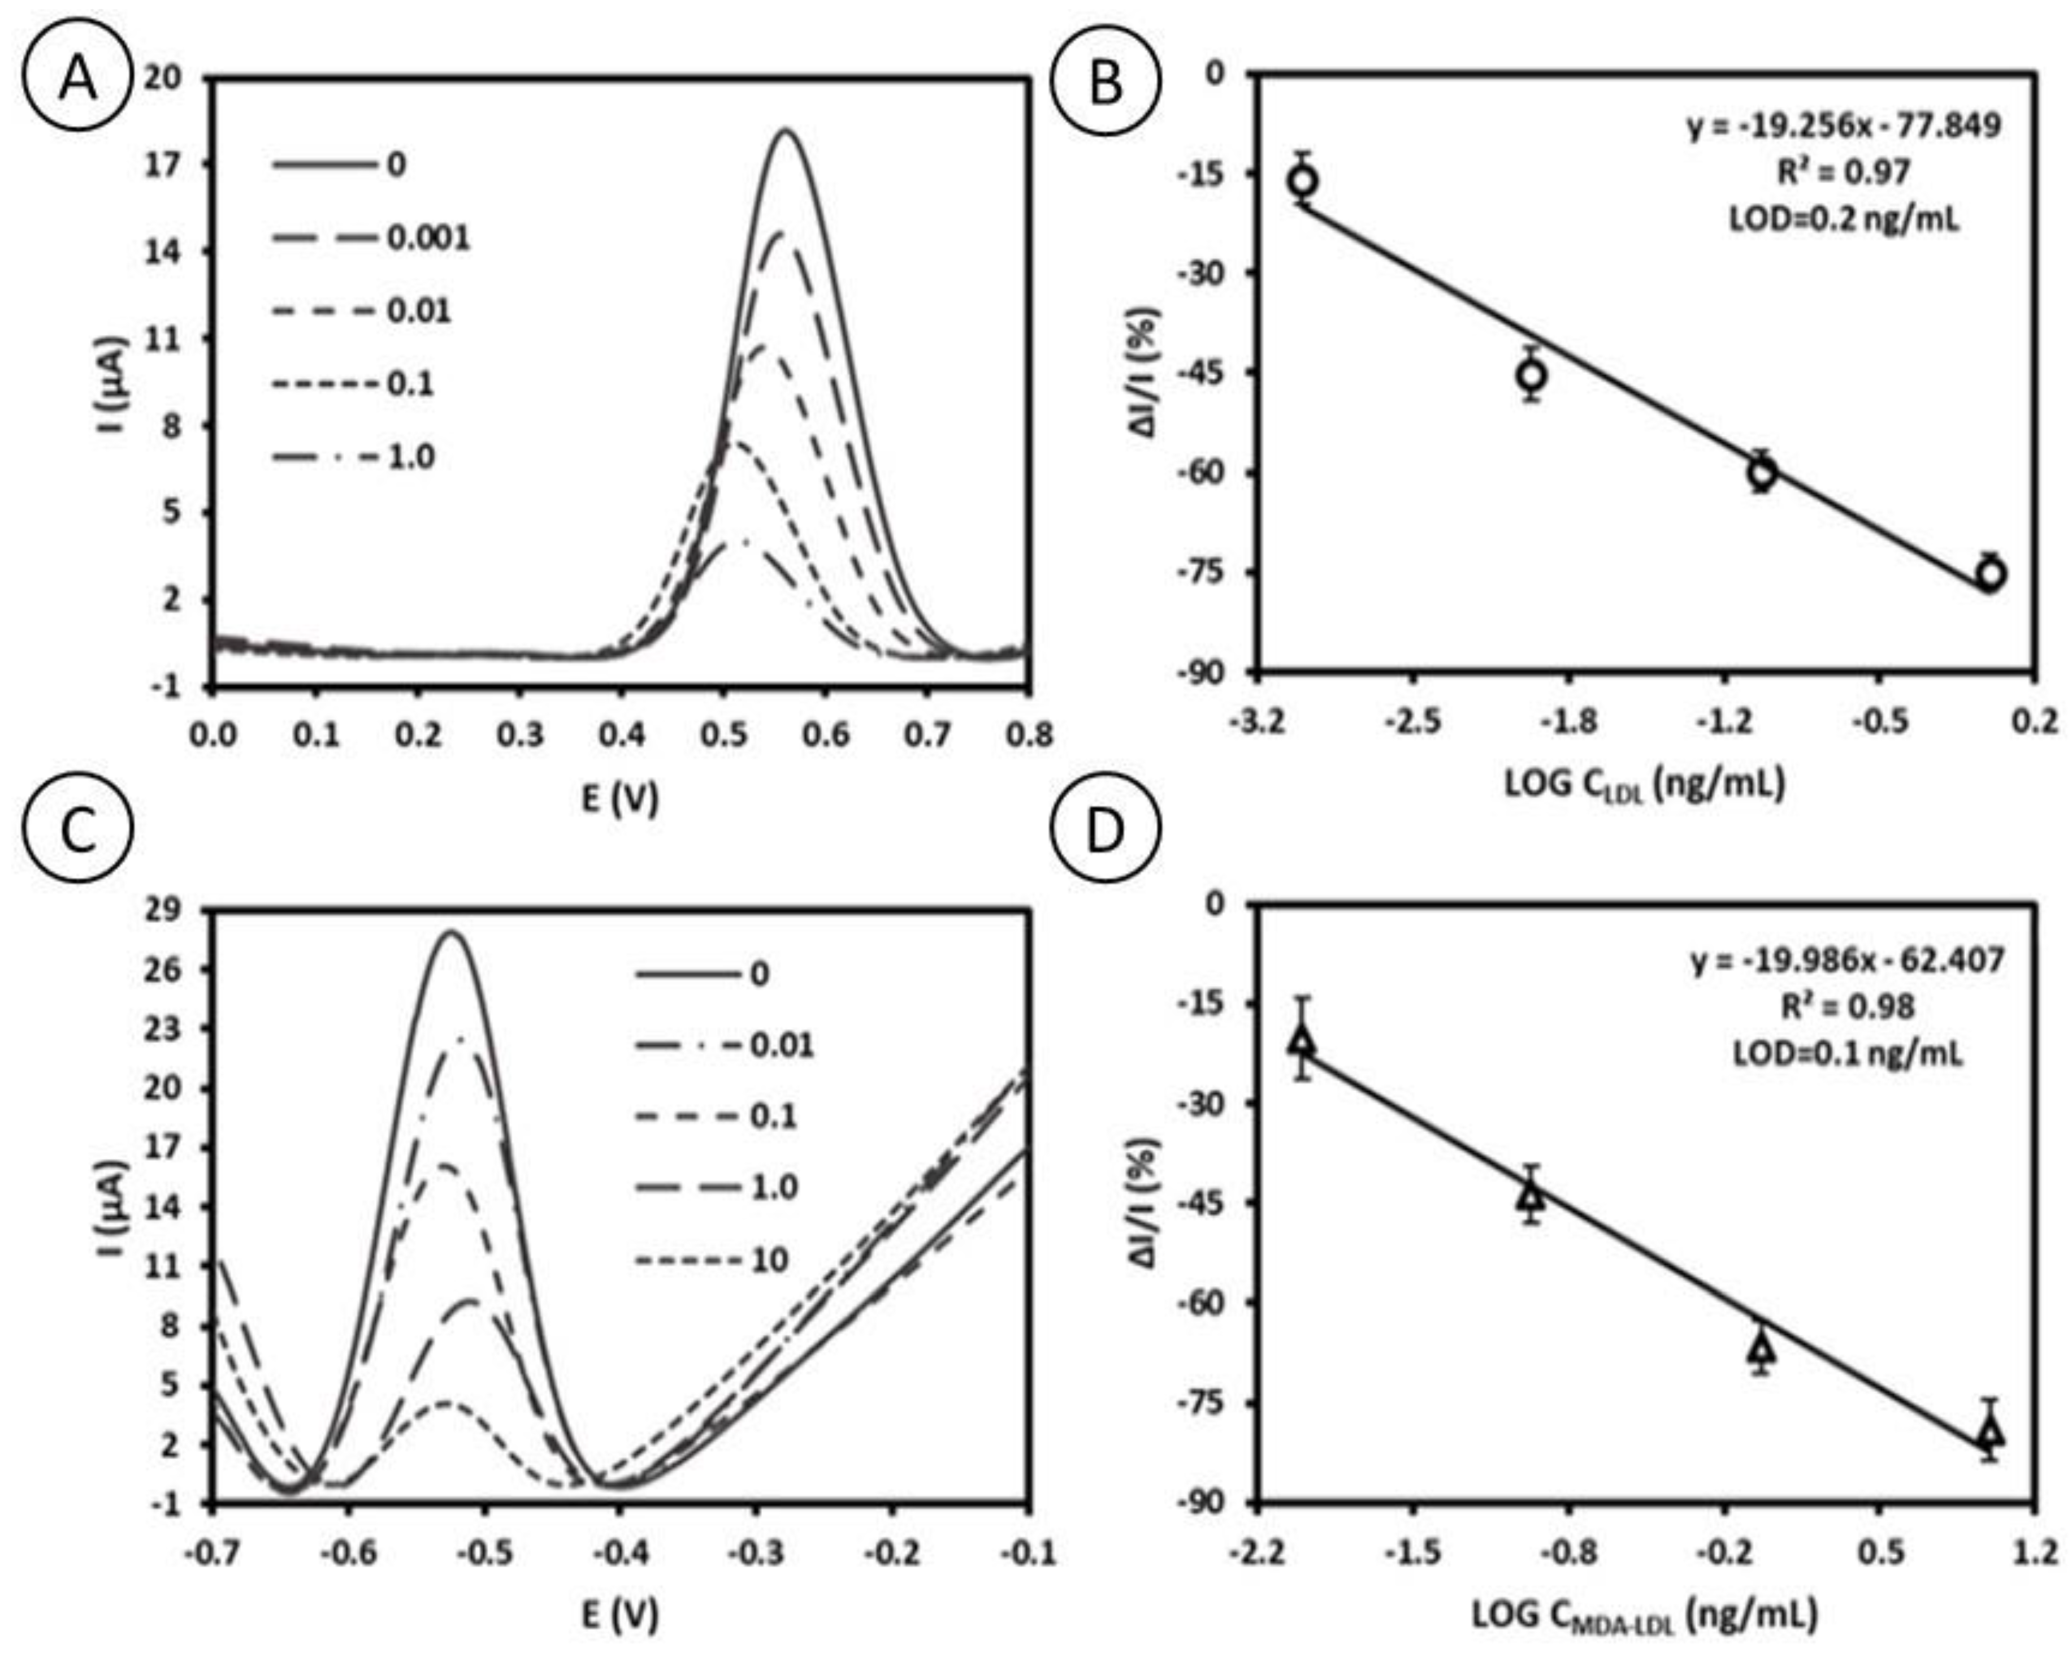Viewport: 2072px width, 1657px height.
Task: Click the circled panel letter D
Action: (x=1104, y=832)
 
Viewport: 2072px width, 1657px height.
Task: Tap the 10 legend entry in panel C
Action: (x=769, y=1260)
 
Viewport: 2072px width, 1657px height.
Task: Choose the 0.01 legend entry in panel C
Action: (x=781, y=1045)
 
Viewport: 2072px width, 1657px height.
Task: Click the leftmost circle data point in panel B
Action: (x=1302, y=180)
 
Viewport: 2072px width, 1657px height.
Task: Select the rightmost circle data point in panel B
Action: (x=1990, y=574)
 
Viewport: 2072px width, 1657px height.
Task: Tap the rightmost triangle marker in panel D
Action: (x=1990, y=1432)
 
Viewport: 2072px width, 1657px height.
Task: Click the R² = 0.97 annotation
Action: (x=1844, y=172)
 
